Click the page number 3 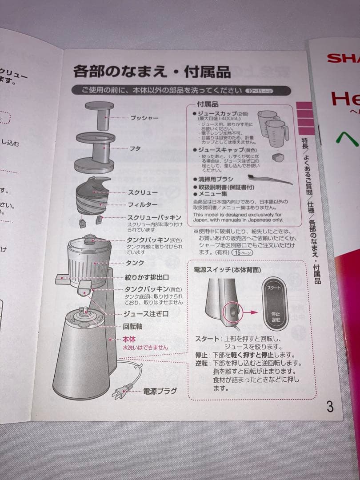(330, 406)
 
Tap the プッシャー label (144, 118)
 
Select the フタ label (135, 148)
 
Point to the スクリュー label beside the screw (143, 192)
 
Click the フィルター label (143, 205)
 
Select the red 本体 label (129, 340)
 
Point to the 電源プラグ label (160, 391)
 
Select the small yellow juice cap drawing (279, 156)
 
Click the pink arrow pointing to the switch (251, 312)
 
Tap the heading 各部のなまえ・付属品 (152, 71)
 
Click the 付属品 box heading (208, 104)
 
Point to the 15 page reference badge (243, 252)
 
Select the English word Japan (202, 220)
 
